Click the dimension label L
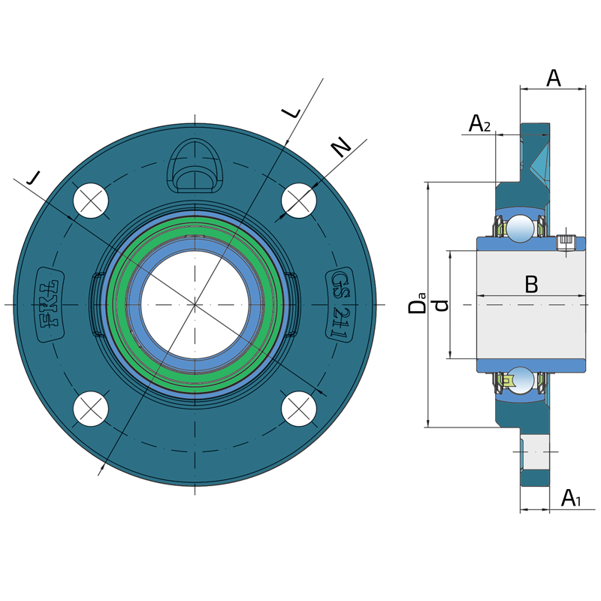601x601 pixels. click(291, 113)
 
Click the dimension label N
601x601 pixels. click(342, 148)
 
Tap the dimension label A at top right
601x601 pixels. click(553, 77)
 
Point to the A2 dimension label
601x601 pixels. click(479, 124)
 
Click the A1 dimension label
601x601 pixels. click(572, 497)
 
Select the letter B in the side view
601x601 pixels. click(531, 285)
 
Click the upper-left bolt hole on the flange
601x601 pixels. click(92, 201)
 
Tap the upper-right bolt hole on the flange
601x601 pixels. click(299, 201)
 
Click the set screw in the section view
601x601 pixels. click(566, 242)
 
